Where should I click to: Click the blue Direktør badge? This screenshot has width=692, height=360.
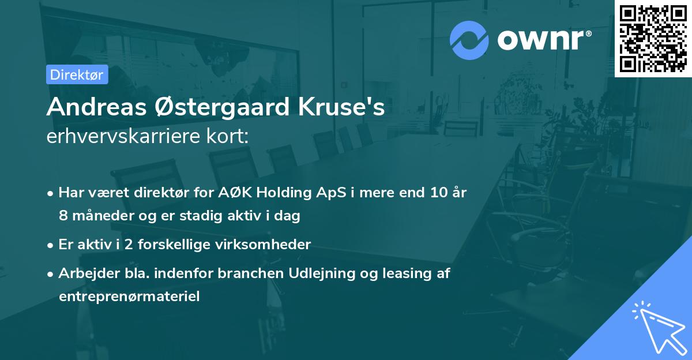[77, 74]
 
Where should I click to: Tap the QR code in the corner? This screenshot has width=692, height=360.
[653, 39]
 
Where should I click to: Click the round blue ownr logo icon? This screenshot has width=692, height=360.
[469, 40]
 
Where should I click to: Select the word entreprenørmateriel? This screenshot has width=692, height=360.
[129, 297]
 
